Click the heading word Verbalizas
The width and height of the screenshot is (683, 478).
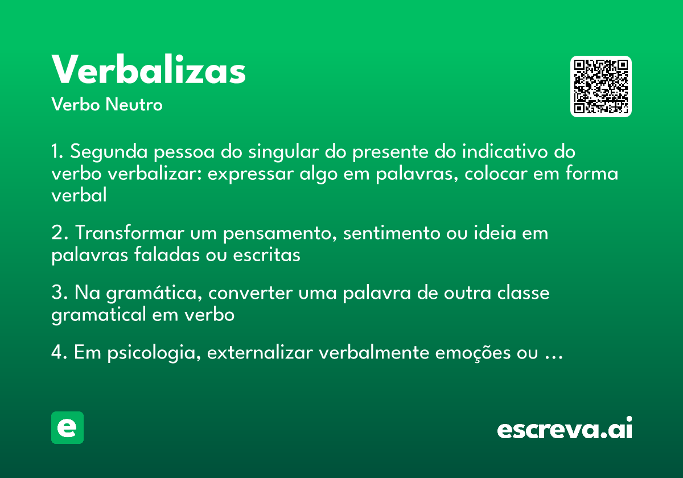pos(149,71)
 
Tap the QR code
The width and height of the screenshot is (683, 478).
pos(601,86)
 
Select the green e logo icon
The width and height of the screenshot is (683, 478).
pos(67,427)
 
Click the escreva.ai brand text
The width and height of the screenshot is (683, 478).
pos(564,429)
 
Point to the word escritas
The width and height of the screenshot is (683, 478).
pos(266,255)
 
